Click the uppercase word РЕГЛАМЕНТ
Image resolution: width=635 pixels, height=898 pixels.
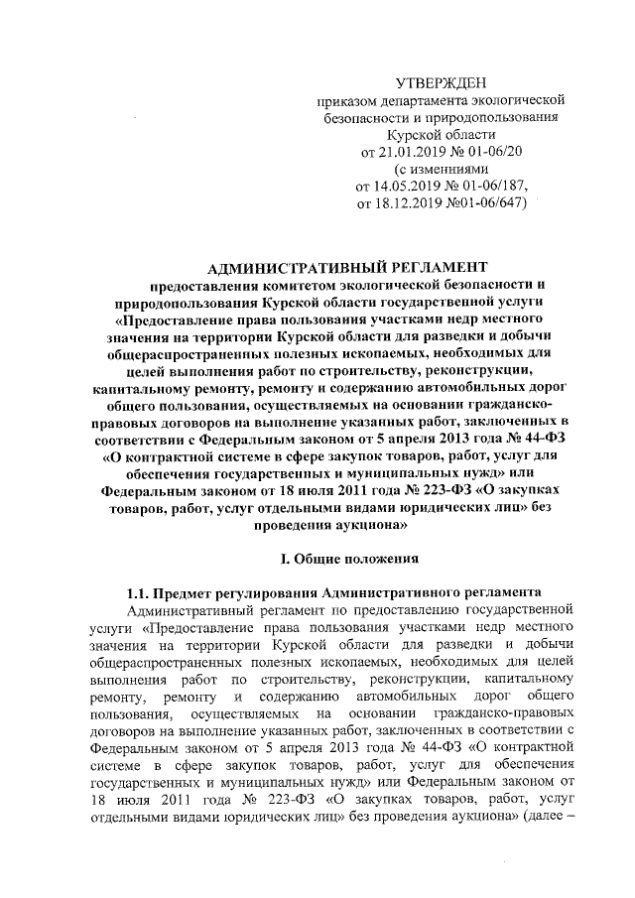(434, 266)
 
